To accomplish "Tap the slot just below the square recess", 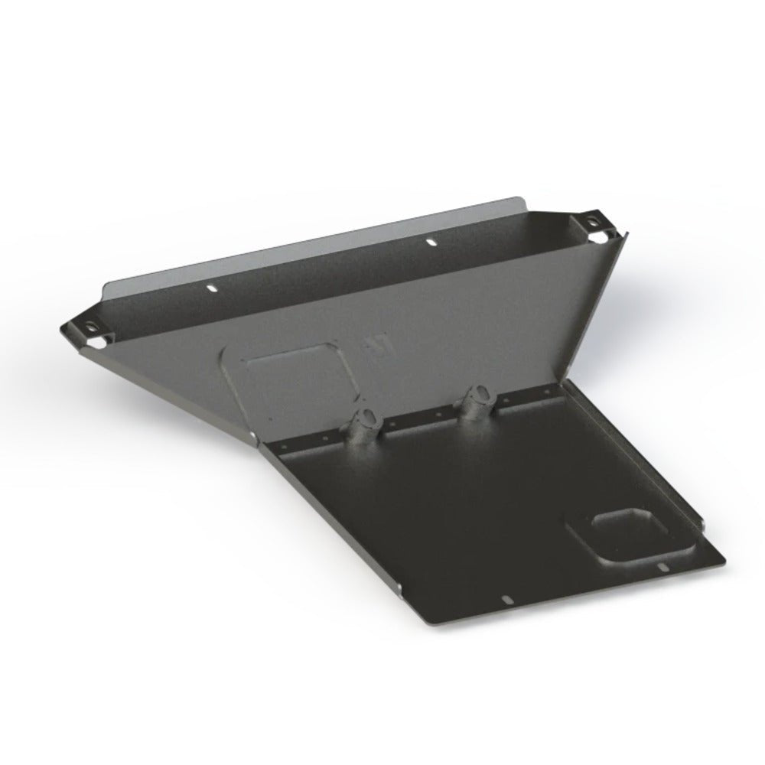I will click(659, 568).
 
